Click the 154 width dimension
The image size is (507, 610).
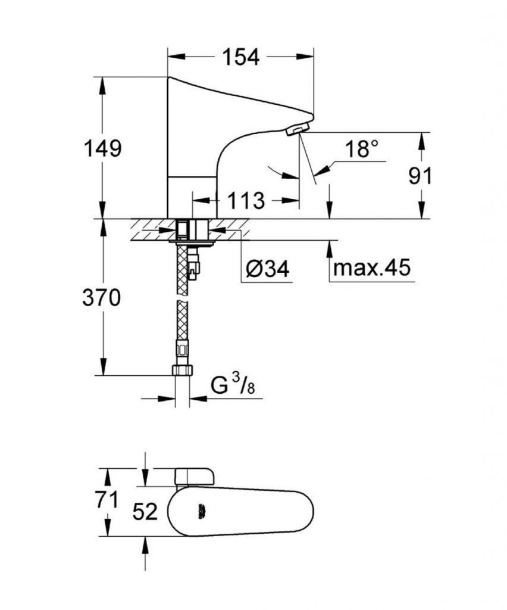[x=242, y=57]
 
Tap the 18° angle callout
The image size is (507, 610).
[x=362, y=149]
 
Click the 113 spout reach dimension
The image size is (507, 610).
[x=245, y=201]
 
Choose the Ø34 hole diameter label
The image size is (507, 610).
[x=268, y=269]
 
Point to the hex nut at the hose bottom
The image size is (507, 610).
[x=182, y=370]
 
